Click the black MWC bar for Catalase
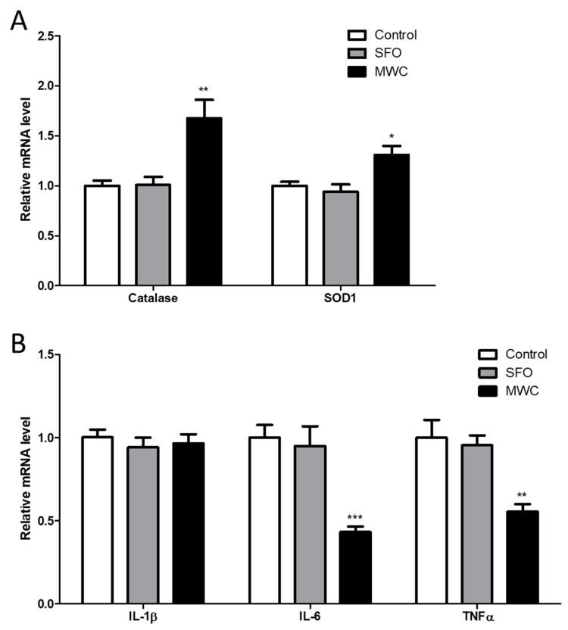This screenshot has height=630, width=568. tap(204, 201)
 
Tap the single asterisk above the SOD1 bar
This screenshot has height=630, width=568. tap(392, 136)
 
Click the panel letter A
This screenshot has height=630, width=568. tap(19, 20)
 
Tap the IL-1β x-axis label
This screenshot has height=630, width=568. tap(142, 618)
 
